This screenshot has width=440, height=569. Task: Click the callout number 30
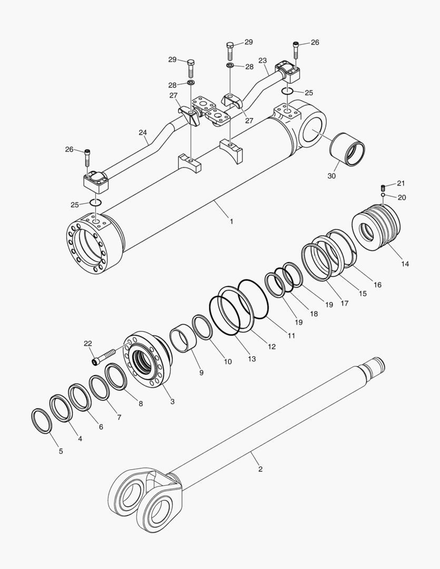click(331, 176)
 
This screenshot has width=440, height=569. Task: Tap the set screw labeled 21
click(384, 187)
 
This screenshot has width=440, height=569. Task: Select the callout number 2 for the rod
click(260, 469)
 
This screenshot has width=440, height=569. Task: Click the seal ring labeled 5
click(42, 420)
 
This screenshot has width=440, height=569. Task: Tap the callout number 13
click(252, 359)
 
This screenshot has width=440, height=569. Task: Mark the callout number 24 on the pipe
click(143, 133)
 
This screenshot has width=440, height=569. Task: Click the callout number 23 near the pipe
click(263, 61)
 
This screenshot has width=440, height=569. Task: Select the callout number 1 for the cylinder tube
click(231, 222)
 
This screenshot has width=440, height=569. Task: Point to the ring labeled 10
click(202, 327)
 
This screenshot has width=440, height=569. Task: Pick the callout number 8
click(140, 404)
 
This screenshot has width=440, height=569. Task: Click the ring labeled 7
click(99, 387)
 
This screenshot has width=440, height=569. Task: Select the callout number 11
click(291, 335)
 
